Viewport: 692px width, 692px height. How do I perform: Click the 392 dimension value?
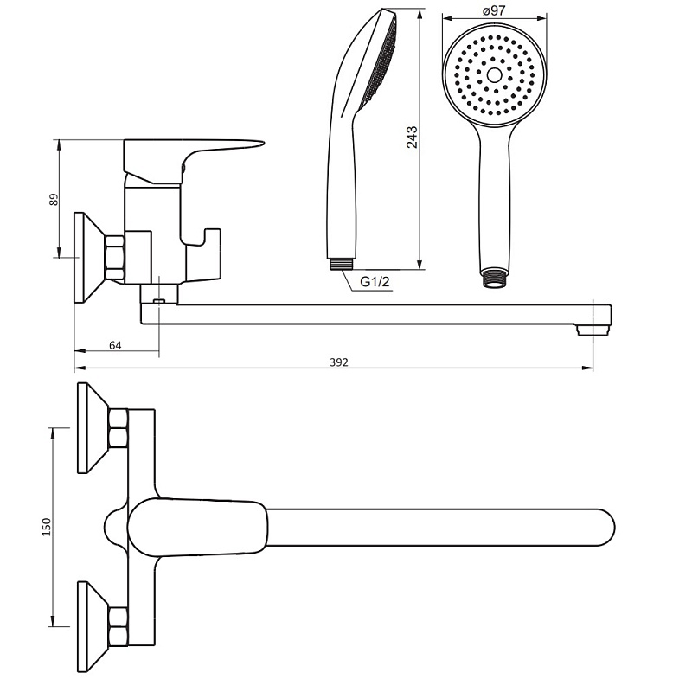point(339,362)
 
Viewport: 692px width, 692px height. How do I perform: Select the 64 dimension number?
point(115,345)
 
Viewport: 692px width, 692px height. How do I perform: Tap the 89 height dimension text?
point(54,200)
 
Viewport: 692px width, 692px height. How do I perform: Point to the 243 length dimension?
point(412,138)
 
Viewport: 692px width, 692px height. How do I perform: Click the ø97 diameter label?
point(494,10)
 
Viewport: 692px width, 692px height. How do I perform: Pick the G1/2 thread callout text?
point(375,282)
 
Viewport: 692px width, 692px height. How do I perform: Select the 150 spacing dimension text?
point(47,527)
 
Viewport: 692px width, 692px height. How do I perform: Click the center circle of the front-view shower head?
point(494,74)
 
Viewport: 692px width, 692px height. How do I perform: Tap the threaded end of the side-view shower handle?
point(340,264)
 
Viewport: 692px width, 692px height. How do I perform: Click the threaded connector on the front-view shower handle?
point(494,278)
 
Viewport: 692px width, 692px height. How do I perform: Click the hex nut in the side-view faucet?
point(115,258)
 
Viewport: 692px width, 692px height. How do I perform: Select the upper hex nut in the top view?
point(119,426)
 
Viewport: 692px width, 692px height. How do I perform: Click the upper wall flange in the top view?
point(93,427)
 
